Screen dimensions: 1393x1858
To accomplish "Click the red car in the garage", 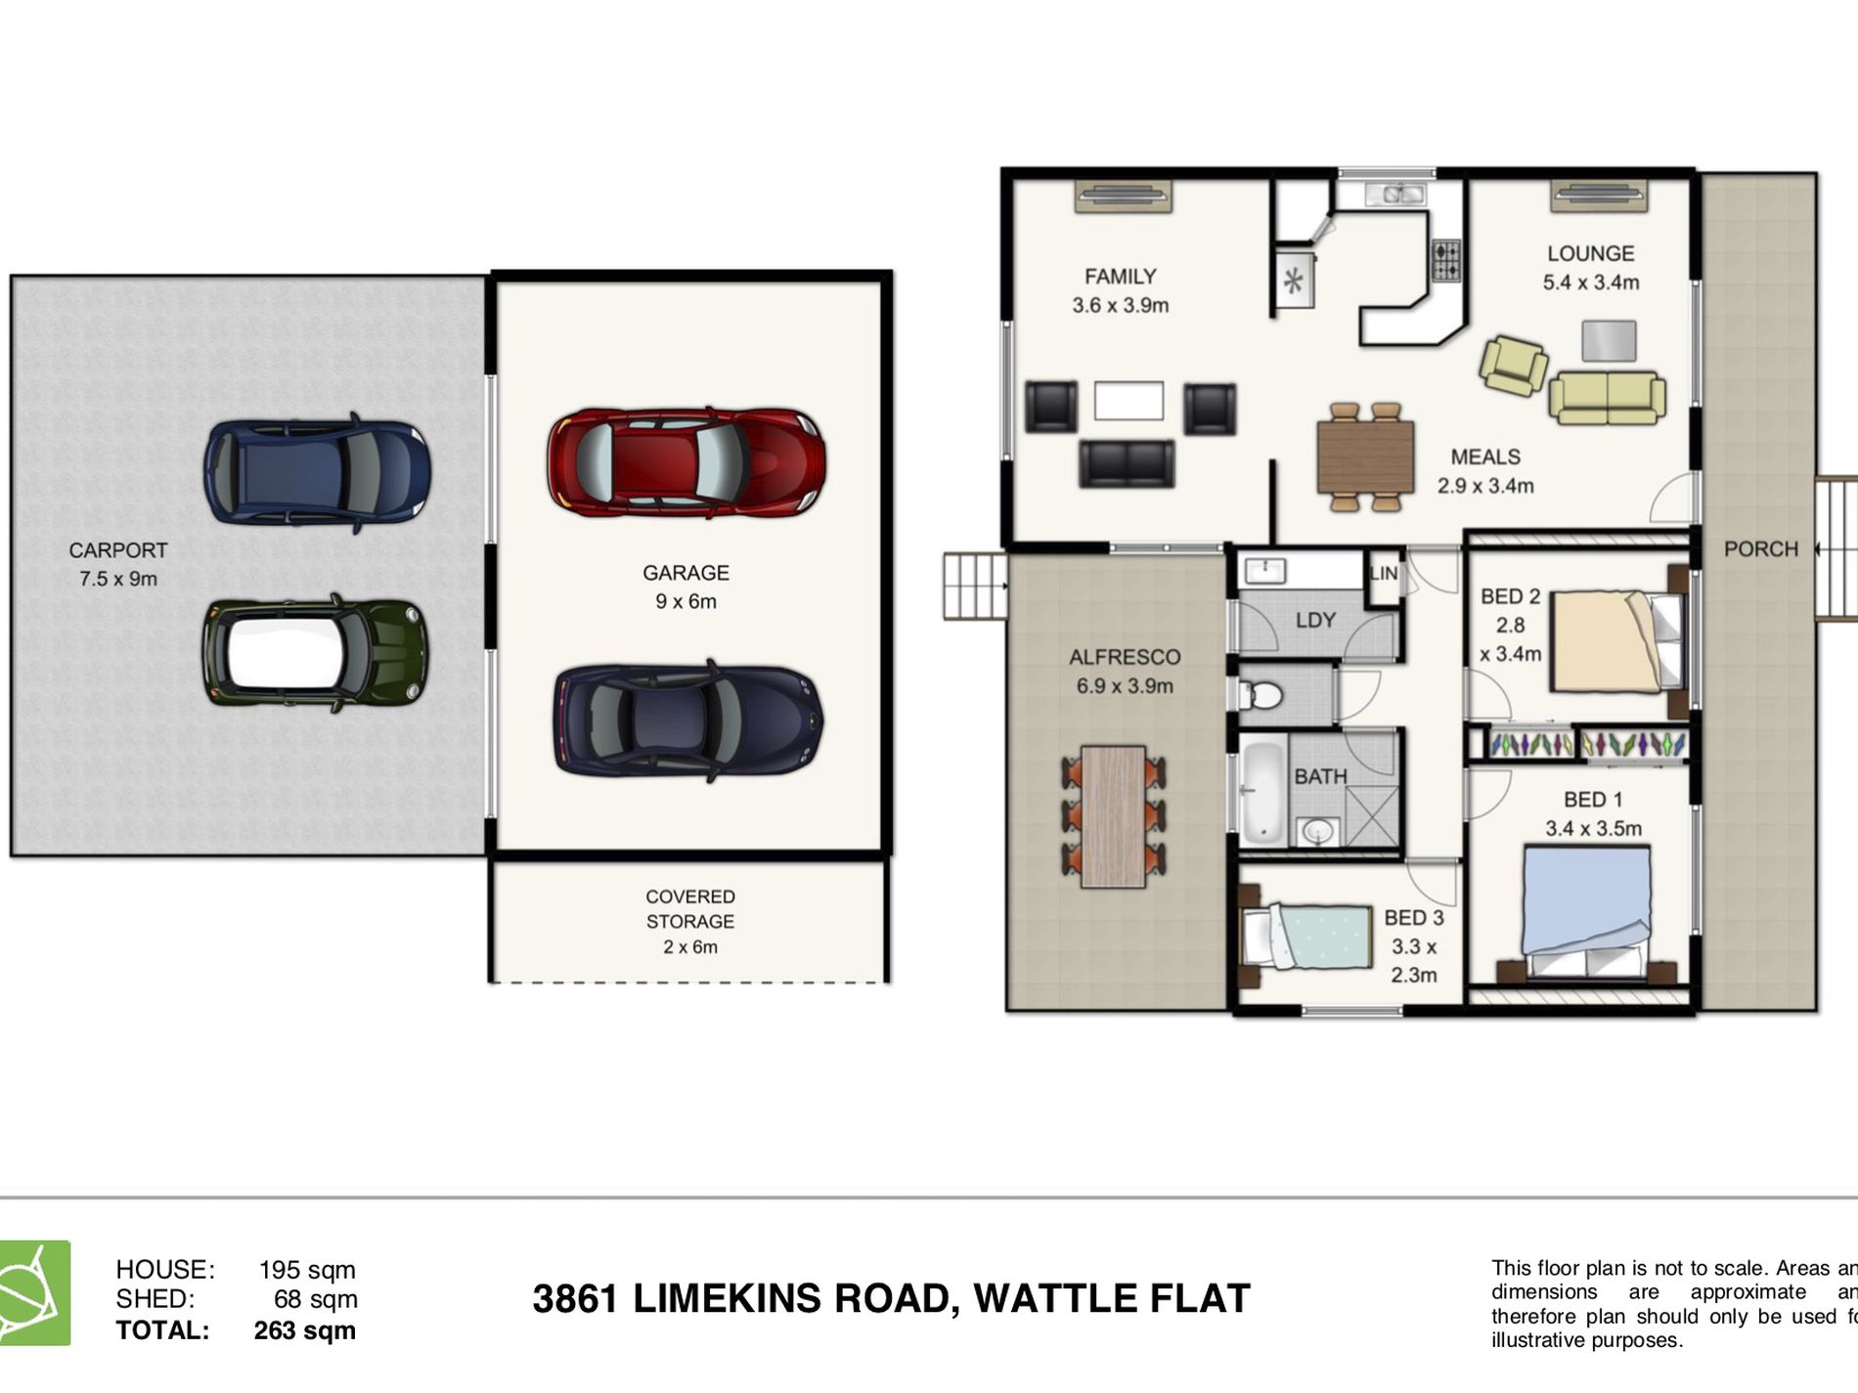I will point(686,462).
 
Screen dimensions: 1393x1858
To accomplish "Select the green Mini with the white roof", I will point(315,652).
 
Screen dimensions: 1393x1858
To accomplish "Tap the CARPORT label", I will point(118,550).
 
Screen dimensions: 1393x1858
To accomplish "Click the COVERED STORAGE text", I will point(690,909).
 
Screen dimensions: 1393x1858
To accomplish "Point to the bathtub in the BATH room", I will point(1262,793).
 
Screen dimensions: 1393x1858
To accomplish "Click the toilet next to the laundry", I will point(1261,695).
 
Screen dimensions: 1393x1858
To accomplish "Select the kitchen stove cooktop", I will point(1446,261).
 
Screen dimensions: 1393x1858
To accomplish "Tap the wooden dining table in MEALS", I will point(1365,457).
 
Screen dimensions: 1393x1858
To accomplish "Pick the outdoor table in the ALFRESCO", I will point(1114,816).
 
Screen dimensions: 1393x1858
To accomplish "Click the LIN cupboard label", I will point(1384,573).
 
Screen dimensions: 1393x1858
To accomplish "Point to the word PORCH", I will point(1760,549).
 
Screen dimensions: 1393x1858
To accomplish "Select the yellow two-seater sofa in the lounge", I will point(1607,398).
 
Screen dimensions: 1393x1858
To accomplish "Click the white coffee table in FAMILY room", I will point(1128,400).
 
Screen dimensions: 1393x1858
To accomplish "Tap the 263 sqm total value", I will point(304,1330).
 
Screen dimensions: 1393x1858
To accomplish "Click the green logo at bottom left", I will point(34,1292).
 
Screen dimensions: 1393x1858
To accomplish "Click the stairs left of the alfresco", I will point(975,586).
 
